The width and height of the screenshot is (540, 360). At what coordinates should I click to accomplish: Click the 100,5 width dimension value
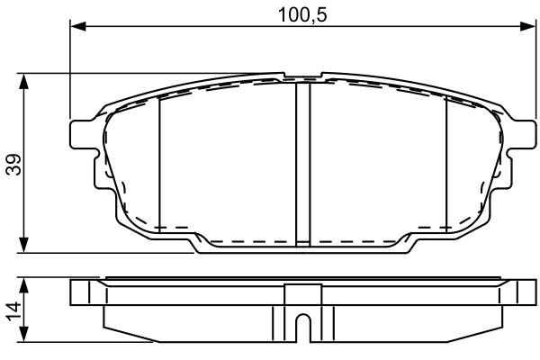click(302, 14)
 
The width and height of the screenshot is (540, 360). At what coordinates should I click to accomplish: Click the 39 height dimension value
click(14, 165)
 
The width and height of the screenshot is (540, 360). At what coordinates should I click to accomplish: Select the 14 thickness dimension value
click(14, 311)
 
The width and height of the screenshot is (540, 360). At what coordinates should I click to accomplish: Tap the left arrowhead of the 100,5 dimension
click(78, 26)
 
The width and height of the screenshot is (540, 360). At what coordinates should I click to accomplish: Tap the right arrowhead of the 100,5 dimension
click(528, 26)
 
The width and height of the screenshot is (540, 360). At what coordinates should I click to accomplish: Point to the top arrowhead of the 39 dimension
click(23, 81)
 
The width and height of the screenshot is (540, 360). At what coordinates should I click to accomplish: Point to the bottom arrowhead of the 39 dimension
click(23, 245)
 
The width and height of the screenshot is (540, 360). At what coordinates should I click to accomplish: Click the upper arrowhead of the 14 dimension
click(23, 285)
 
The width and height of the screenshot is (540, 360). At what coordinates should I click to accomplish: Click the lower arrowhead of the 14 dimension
click(23, 334)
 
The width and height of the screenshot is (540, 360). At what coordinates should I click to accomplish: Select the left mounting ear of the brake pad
click(82, 134)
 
